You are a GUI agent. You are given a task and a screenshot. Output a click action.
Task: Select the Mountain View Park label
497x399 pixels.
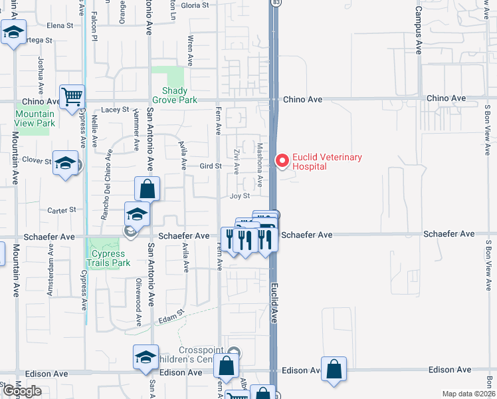[x=35, y=118]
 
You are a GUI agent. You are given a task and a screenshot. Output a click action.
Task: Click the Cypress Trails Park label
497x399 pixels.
[x=111, y=258]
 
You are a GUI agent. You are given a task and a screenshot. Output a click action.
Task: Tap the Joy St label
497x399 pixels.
[x=239, y=196]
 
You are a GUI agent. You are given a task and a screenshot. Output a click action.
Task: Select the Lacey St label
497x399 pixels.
[x=115, y=110]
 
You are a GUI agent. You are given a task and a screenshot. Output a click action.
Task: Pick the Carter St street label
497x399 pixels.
[x=63, y=210]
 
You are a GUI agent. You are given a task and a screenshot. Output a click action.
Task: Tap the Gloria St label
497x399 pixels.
[x=195, y=5]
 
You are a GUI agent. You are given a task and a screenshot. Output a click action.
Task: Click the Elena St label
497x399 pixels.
[x=60, y=25]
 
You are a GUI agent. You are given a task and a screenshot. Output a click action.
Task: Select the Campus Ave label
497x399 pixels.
[x=419, y=30]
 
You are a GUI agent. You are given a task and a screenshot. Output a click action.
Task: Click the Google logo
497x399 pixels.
[x=22, y=391]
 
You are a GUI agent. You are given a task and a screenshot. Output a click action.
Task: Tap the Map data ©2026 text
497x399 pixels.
[x=468, y=394]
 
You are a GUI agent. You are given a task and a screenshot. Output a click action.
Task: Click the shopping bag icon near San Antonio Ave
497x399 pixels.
[x=147, y=189]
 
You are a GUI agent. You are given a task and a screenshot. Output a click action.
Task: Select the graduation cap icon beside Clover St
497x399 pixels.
[x=64, y=164]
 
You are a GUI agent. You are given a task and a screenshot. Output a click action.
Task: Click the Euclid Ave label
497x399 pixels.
[x=273, y=303]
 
